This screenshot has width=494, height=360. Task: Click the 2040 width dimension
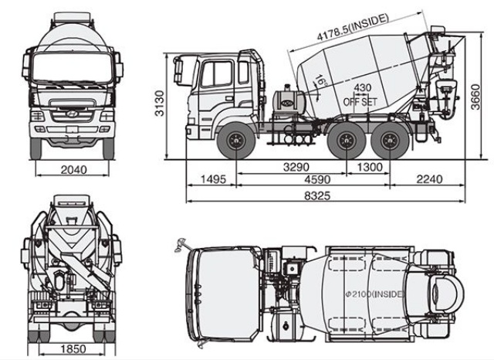coord(73,170)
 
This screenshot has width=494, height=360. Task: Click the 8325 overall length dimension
coord(316,196)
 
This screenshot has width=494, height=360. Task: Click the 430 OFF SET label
coord(360,94)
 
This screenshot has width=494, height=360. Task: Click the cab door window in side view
coord(218,74)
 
